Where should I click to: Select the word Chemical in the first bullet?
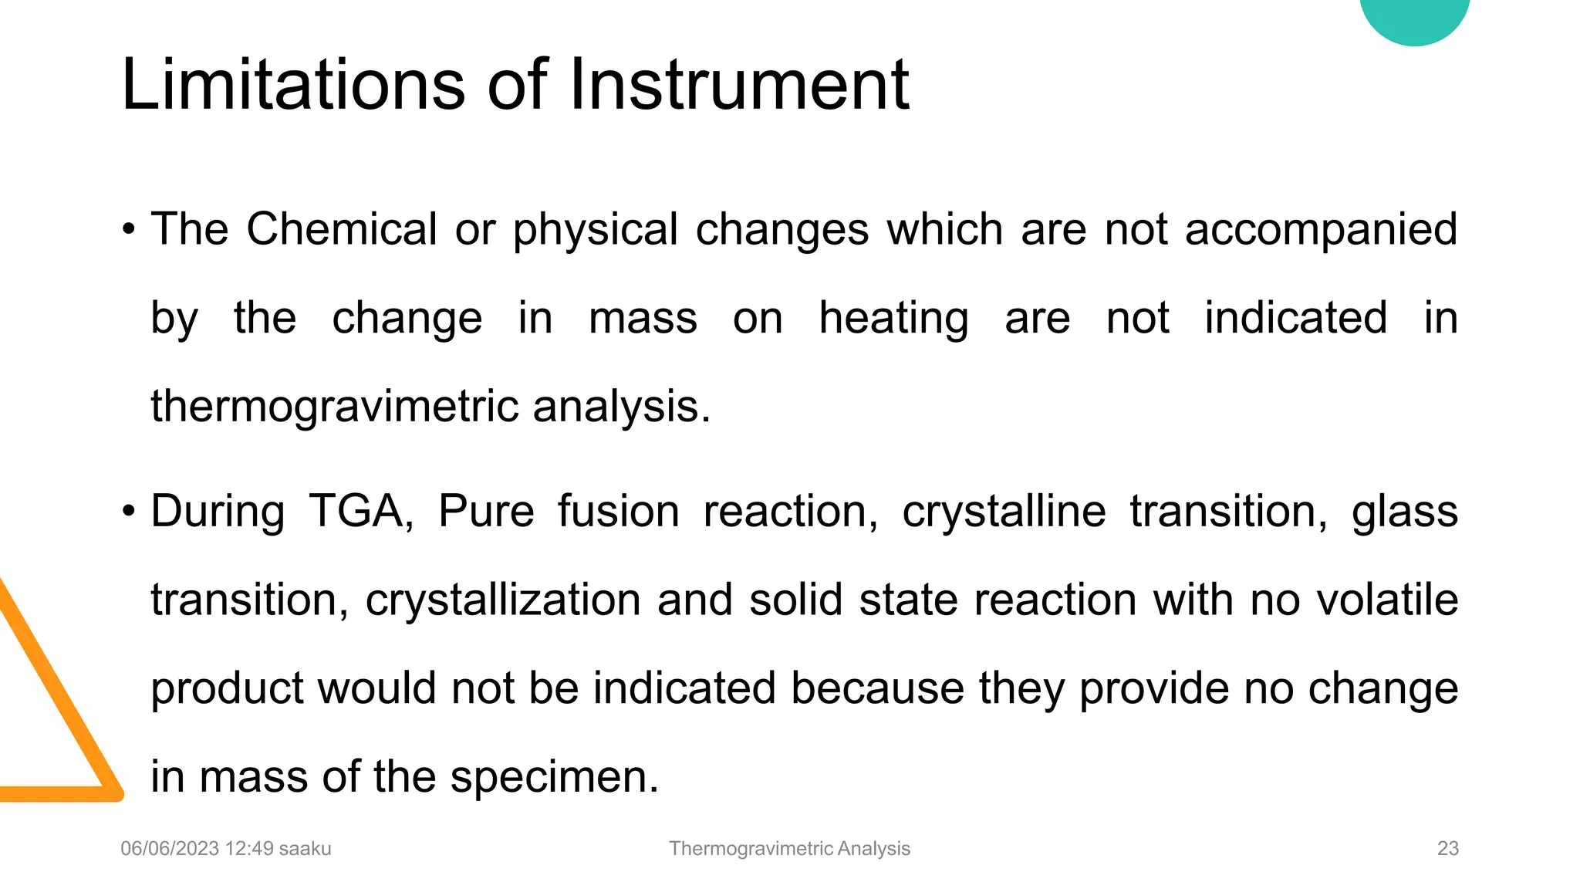coord(342,229)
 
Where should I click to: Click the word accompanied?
coord(1321,229)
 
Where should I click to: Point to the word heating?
coord(893,318)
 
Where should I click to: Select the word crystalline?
coord(1004,511)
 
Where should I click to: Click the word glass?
coord(1404,511)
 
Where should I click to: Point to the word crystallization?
coord(503,600)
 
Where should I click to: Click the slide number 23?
coord(1447,849)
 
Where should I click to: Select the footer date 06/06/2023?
coord(170,849)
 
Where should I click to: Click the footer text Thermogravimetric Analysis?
coord(789,849)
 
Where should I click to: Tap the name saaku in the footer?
coord(305,849)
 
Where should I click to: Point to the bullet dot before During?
coord(129,511)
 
